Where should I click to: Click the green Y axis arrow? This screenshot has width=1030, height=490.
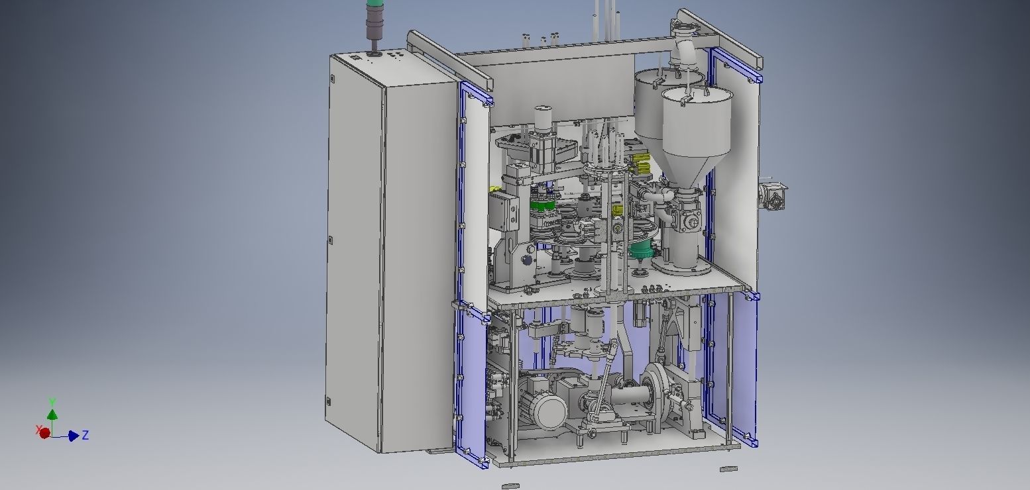click(52, 413)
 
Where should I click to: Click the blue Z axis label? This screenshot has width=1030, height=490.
click(86, 435)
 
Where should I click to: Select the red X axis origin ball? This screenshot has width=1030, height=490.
click(44, 433)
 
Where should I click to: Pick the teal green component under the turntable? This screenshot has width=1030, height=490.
click(641, 250)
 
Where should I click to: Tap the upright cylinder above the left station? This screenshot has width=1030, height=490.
click(544, 119)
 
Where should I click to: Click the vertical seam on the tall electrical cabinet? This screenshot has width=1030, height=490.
click(383, 265)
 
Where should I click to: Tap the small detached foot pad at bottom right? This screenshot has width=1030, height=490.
click(728, 469)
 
